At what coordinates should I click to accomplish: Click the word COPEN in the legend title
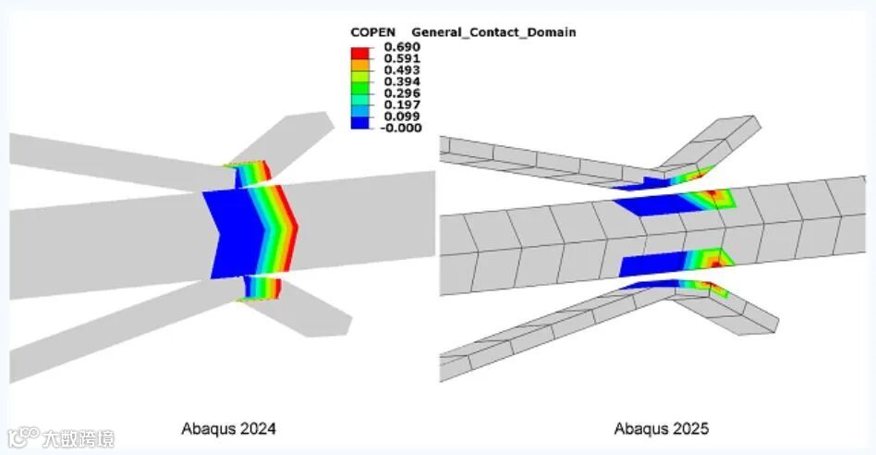[372, 32]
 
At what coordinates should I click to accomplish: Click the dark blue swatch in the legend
[361, 121]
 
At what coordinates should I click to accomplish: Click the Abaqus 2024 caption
[228, 428]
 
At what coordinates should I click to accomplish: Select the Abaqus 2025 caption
[661, 428]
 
